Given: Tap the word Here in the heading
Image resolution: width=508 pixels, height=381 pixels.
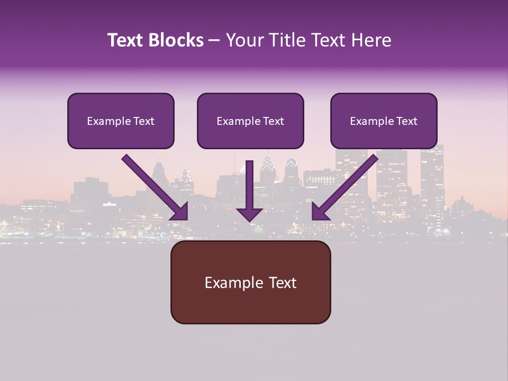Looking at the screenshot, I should pyautogui.click(x=370, y=40).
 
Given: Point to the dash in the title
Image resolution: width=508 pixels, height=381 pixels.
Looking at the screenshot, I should pyautogui.click(x=214, y=41).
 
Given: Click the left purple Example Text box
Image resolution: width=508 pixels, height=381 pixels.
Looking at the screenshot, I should pyautogui.click(x=121, y=121).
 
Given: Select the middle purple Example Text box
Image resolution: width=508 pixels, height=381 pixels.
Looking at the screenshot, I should pyautogui.click(x=250, y=121).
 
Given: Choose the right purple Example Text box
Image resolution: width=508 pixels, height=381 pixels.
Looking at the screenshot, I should pyautogui.click(x=384, y=121).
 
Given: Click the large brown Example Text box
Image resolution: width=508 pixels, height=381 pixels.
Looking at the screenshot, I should pyautogui.click(x=250, y=282).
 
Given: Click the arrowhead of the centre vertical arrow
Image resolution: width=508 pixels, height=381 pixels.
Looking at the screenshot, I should pyautogui.click(x=250, y=214).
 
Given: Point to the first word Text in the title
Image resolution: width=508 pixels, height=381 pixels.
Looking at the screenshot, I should pyautogui.click(x=126, y=40).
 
